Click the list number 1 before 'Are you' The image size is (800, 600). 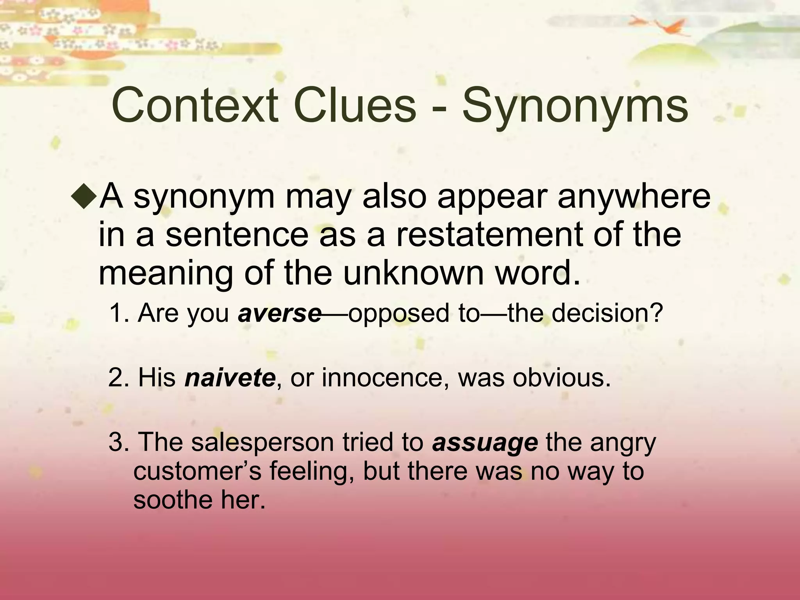(x=117, y=313)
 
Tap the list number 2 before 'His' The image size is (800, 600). (x=116, y=378)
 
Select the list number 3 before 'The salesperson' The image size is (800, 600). (x=116, y=443)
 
